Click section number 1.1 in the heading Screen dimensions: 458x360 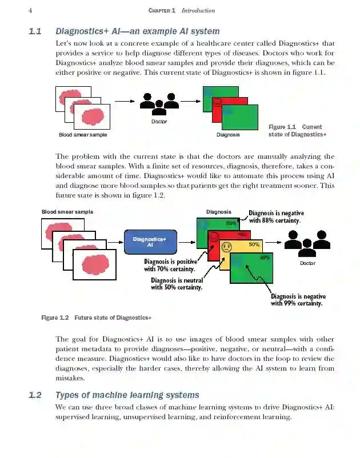35,31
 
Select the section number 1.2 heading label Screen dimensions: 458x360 35,395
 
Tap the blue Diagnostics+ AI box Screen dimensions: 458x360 150,242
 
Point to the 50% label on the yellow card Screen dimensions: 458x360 254,244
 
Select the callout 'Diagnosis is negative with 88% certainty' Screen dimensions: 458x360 275,216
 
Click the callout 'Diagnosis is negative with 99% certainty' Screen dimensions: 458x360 297,300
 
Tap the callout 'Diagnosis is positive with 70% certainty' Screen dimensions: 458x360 170,265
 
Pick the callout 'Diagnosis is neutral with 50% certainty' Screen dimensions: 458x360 177,284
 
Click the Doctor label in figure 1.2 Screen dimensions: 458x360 307,263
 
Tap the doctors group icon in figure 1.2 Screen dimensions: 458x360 307,243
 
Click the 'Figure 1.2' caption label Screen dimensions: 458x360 55,318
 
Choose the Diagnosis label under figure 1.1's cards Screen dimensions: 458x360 229,135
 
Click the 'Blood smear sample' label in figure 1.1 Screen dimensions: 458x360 83,135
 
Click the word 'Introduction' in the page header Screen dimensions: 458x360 198,10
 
